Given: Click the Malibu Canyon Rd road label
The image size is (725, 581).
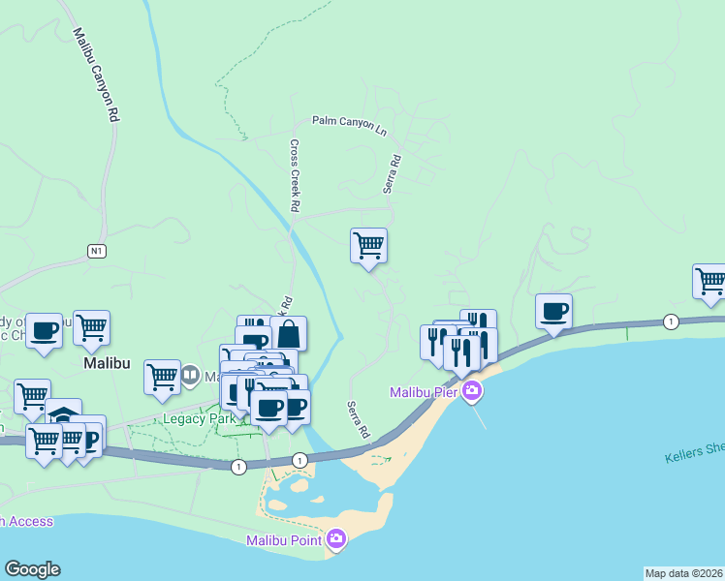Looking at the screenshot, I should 95,74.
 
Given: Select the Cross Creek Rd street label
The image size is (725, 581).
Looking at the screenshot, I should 294,176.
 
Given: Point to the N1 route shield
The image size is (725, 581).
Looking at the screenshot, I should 95,251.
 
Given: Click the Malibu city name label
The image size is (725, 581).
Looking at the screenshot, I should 106,362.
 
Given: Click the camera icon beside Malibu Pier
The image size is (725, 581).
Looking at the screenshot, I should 472,392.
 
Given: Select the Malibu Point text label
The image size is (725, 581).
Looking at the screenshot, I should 284,539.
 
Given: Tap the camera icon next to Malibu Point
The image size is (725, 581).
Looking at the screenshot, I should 335,539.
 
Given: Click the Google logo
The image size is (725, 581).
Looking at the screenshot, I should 32,569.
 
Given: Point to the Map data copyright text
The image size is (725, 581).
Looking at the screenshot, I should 682,573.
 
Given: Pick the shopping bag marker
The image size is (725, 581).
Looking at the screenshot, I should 288,334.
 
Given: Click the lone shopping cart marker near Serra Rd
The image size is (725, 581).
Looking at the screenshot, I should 368,245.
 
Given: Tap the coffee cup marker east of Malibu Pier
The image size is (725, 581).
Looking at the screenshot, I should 553,311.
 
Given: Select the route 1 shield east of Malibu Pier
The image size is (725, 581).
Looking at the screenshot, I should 670,321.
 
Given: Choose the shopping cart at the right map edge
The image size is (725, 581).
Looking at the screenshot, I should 710,281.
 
